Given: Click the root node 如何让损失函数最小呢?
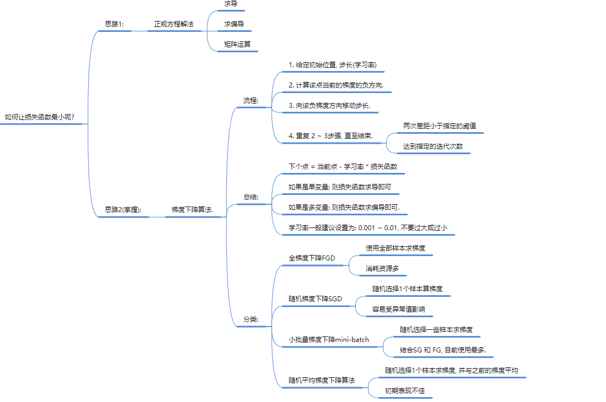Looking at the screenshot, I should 39,117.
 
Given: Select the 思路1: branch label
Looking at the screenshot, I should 115,24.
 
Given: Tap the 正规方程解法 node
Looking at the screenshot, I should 174,24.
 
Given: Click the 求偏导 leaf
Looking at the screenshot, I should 234,24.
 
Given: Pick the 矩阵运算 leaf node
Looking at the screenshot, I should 237,44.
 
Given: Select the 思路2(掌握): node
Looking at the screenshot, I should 123,210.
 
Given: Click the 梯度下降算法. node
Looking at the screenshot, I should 192,210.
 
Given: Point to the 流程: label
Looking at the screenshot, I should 251,101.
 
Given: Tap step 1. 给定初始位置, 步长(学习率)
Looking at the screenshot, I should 333,64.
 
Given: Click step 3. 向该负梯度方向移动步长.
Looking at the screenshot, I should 329,105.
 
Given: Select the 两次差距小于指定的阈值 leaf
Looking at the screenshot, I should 440,126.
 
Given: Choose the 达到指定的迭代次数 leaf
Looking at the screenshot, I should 433,146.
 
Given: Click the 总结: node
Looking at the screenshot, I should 251,197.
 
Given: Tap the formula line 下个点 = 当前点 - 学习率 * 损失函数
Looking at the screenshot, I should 343,166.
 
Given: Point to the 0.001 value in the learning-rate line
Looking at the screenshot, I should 367,227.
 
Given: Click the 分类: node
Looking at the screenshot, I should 251,319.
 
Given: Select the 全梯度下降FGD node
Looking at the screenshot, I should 312,258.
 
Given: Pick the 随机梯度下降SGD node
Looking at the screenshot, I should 315,299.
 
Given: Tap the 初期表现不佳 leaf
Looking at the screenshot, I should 405,390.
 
